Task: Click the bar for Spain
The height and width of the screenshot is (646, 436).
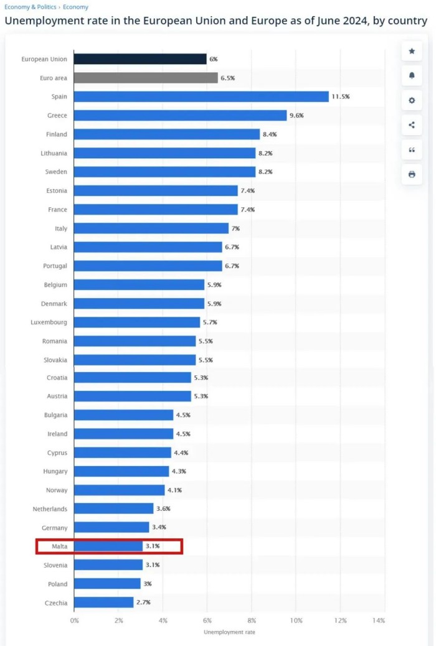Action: [x=201, y=96]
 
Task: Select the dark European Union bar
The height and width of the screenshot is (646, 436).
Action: [x=140, y=59]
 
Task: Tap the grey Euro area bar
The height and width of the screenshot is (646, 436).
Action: [x=145, y=78]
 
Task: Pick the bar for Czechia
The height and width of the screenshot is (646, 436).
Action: [x=103, y=602]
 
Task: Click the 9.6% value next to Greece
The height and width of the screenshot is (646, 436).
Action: [x=296, y=115]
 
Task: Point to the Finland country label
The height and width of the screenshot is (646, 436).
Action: [x=57, y=134]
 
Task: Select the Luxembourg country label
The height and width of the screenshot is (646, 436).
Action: [x=49, y=322]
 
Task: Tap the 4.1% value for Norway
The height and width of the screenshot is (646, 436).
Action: [x=174, y=490]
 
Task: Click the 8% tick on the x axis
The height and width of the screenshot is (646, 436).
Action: [x=252, y=620]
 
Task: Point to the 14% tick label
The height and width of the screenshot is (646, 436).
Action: [x=378, y=620]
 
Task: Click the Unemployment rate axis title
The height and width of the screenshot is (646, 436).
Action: [x=229, y=632]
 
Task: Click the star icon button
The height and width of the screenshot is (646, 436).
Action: [x=412, y=51]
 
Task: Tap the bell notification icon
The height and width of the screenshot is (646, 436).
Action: [x=412, y=75]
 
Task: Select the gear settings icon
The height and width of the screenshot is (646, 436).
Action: [x=412, y=100]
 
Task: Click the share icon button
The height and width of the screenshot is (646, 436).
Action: [x=412, y=124]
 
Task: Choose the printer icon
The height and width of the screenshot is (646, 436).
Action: [x=412, y=174]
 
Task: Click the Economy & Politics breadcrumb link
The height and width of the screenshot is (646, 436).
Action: [x=31, y=7]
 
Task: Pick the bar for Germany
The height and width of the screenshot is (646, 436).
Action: [x=111, y=528]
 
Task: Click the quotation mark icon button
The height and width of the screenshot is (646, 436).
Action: [x=412, y=149]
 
